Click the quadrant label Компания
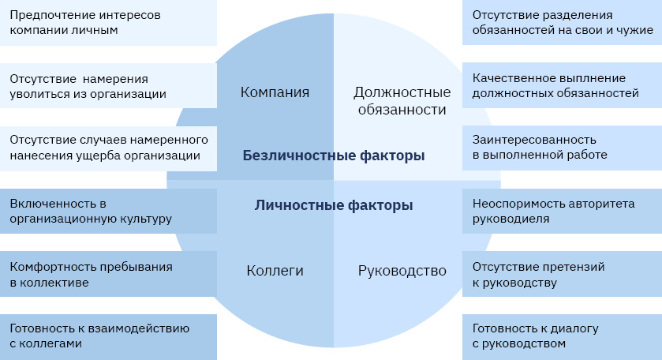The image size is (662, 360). [x=275, y=92]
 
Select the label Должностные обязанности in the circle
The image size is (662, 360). [x=402, y=100]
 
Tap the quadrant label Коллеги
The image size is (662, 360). [x=275, y=271]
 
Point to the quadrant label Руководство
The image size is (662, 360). [x=402, y=271]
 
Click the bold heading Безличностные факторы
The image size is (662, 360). [x=334, y=156]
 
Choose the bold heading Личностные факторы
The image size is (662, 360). [x=334, y=205]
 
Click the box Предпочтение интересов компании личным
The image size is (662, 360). [x=109, y=23]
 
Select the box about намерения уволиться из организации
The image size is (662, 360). [x=109, y=86]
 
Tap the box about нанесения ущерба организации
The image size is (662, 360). [x=109, y=148]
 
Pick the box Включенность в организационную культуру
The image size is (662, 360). [x=109, y=212]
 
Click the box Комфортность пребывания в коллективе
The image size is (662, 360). [x=109, y=274]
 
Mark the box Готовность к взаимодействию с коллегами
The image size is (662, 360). [x=109, y=337]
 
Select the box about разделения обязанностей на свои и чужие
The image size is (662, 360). [x=563, y=22]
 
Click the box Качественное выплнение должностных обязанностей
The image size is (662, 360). [x=563, y=85]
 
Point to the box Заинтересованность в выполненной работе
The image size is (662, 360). [x=563, y=148]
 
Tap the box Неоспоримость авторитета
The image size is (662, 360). [x=563, y=212]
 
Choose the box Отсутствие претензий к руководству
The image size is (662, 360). [x=563, y=274]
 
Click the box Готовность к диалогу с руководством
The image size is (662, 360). [x=563, y=337]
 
